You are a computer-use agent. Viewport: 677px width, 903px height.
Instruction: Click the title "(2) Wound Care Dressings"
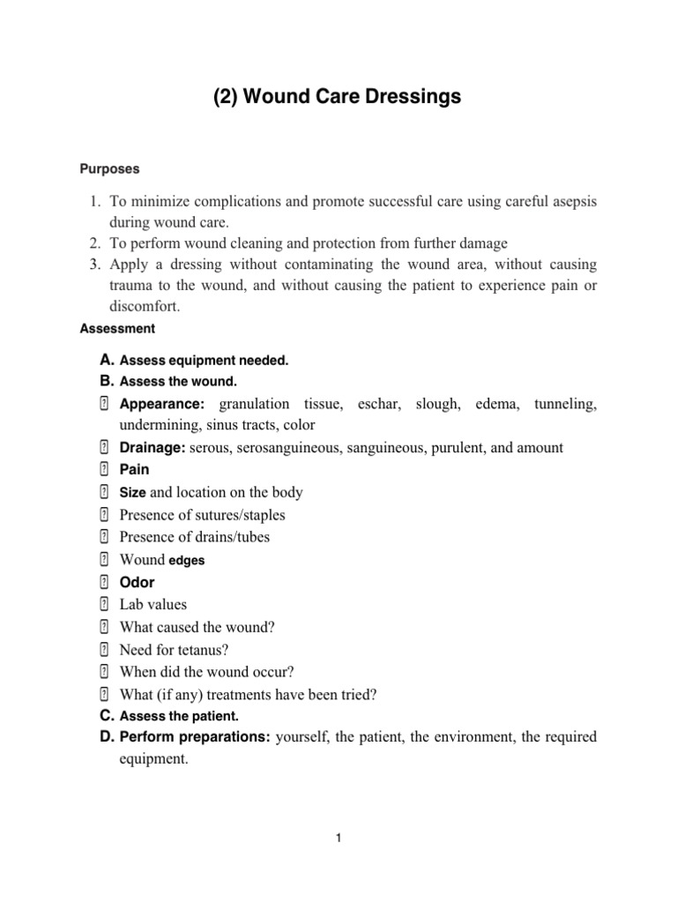(338, 98)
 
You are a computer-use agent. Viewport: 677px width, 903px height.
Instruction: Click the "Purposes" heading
(109, 168)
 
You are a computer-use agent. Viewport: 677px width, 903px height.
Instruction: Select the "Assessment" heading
(117, 329)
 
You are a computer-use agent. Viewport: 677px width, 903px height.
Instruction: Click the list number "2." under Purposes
(96, 243)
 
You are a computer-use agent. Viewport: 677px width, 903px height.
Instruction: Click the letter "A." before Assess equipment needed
(108, 360)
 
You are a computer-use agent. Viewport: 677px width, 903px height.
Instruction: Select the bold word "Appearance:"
(162, 404)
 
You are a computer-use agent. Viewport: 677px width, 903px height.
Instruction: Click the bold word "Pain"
(134, 470)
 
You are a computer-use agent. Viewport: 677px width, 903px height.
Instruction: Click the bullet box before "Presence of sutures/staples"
(104, 515)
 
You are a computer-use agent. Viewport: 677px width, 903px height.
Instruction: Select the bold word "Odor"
(137, 583)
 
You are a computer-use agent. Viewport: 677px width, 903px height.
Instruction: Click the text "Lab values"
(153, 605)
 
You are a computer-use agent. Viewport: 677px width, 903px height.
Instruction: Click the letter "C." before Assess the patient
(108, 716)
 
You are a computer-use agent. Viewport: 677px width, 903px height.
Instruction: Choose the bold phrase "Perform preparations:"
(195, 736)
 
